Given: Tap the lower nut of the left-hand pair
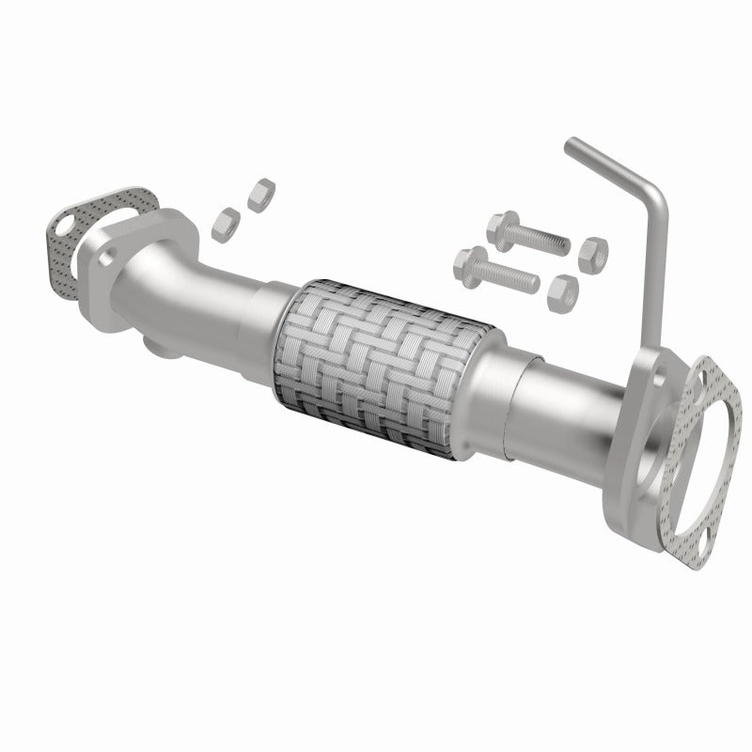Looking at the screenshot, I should click(x=224, y=223).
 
